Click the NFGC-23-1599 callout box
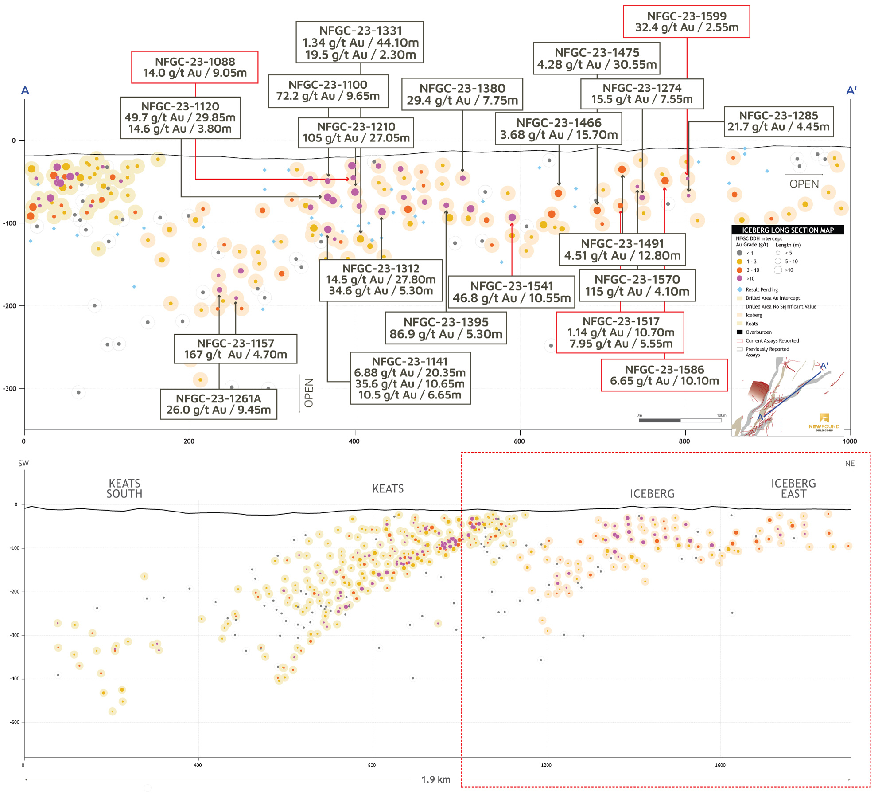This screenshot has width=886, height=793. [x=686, y=22]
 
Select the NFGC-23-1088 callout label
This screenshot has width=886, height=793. [x=194, y=67]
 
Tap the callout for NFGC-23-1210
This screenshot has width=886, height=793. [x=356, y=133]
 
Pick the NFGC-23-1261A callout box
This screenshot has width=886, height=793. [x=218, y=404]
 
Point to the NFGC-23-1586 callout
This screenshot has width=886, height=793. [x=664, y=375]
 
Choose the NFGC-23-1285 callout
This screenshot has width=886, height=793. [x=778, y=121]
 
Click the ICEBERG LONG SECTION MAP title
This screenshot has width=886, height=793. [x=787, y=230]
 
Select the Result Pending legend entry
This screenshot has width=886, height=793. [x=761, y=289]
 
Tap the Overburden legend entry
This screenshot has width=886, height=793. [x=758, y=332]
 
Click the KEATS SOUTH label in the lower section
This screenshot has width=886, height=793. [x=124, y=488]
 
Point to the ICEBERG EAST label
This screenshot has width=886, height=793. [x=793, y=488]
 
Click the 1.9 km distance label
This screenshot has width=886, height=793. [x=435, y=780]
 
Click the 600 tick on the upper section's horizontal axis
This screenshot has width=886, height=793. [x=519, y=441]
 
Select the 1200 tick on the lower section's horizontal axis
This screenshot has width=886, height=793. [x=546, y=765]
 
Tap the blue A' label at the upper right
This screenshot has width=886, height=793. [x=851, y=91]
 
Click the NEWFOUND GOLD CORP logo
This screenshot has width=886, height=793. [x=824, y=422]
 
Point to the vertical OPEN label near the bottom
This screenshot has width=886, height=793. [x=309, y=393]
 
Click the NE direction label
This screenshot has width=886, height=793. [x=849, y=464]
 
